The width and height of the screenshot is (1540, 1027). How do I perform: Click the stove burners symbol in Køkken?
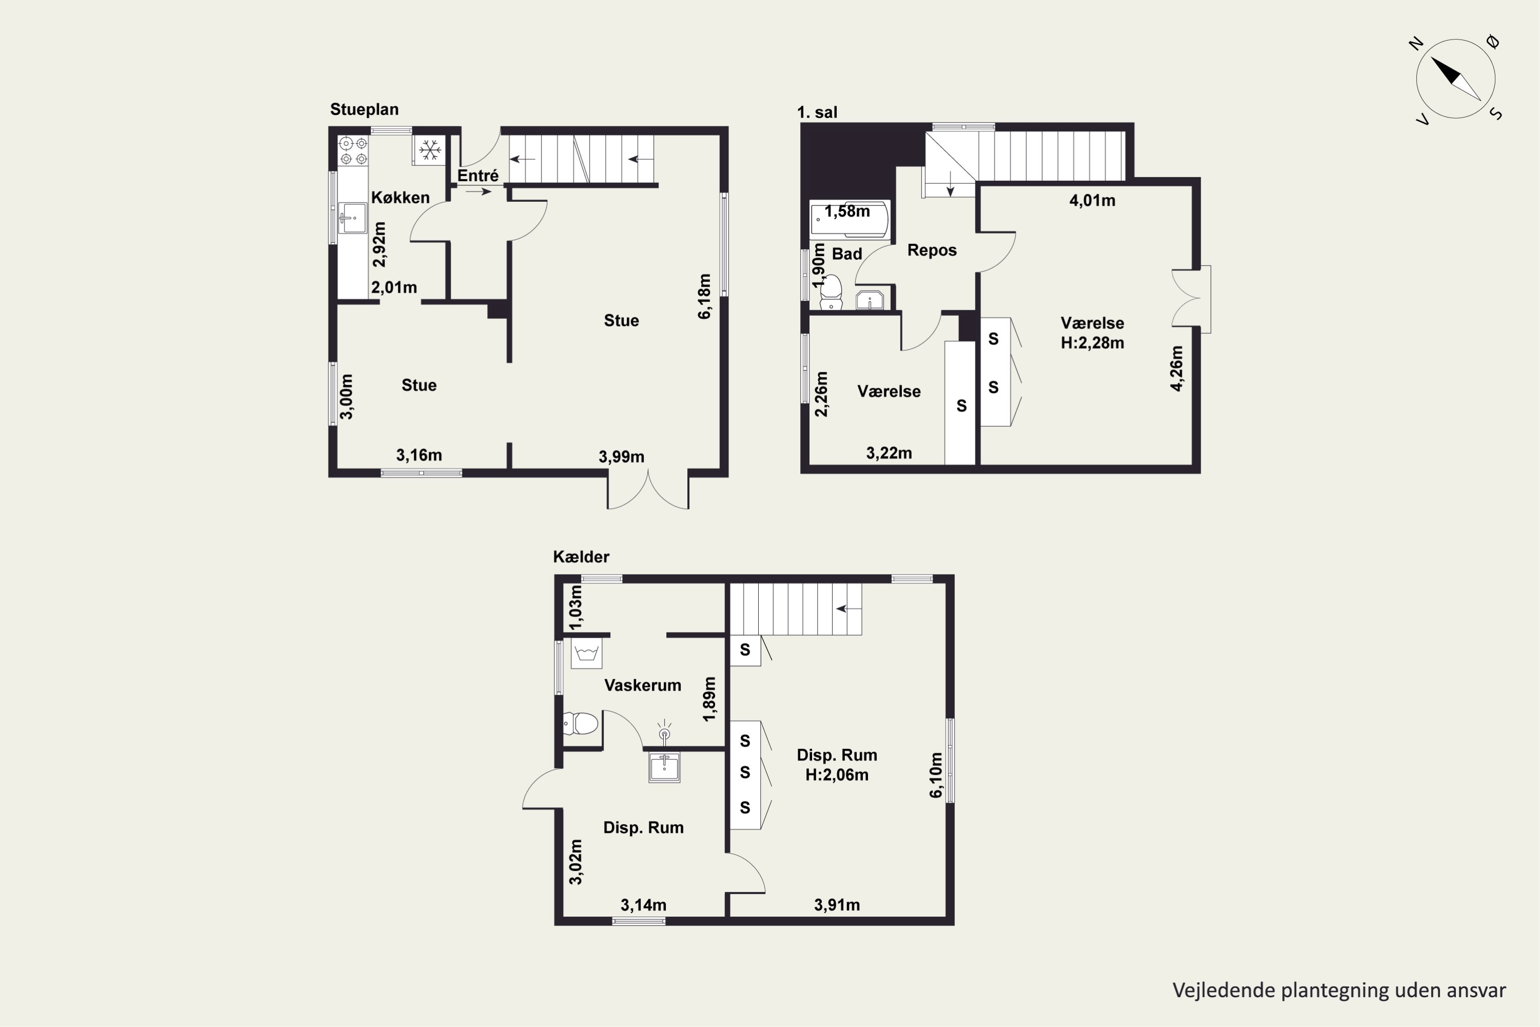click(353, 150)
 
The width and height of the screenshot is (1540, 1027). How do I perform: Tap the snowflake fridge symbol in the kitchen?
click(430, 150)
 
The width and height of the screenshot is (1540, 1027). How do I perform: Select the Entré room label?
click(478, 176)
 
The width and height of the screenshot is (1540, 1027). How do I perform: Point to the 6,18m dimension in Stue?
click(704, 296)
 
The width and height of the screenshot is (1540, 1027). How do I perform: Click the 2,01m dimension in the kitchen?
click(394, 287)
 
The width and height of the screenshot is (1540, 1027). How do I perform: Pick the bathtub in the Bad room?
click(849, 219)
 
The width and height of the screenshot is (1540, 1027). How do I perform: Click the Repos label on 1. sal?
click(932, 250)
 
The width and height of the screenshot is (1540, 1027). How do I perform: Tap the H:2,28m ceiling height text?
click(1092, 343)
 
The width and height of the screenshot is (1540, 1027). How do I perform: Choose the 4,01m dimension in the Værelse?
click(1092, 200)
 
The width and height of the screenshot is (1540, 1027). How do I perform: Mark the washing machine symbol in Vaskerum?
click(586, 653)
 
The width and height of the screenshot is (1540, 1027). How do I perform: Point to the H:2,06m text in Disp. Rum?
click(837, 775)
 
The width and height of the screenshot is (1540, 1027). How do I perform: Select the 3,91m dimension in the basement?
click(837, 904)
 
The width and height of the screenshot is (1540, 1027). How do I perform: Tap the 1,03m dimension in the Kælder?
click(575, 607)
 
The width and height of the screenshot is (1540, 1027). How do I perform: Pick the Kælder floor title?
click(581, 557)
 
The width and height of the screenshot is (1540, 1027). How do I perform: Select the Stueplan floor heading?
click(364, 109)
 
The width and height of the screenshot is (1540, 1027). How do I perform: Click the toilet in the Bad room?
click(831, 292)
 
